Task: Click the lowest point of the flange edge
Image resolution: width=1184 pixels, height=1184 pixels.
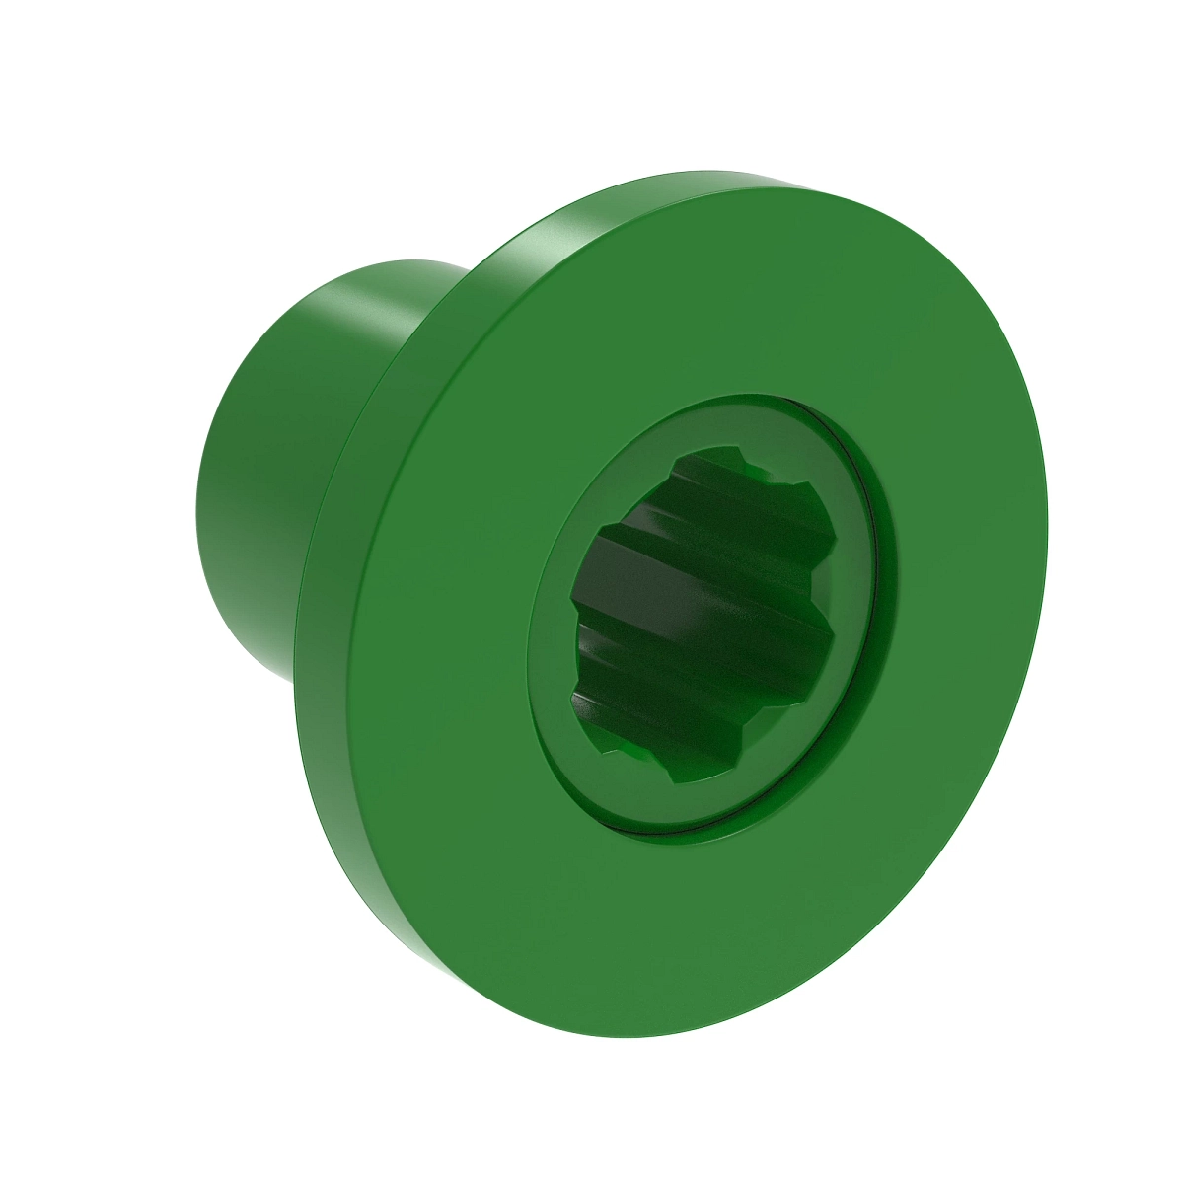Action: tap(631, 1036)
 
